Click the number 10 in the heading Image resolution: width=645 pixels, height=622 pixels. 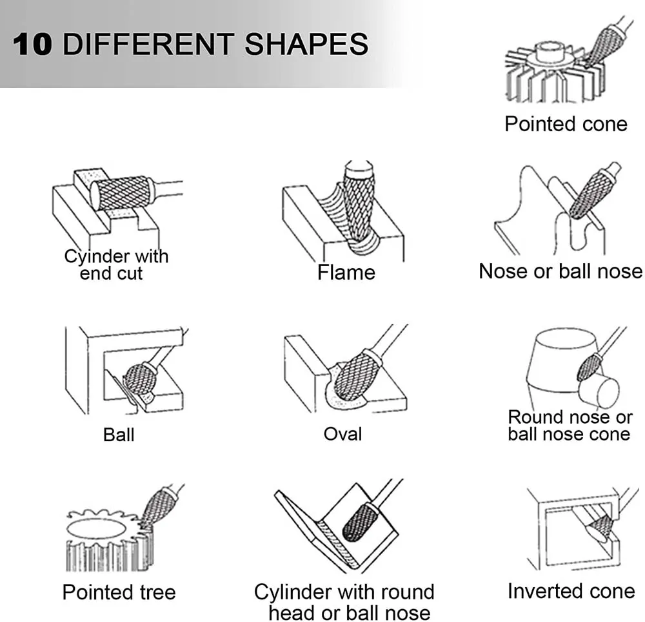[32, 44]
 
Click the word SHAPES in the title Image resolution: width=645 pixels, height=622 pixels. [306, 44]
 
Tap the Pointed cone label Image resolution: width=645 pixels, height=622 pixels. [566, 123]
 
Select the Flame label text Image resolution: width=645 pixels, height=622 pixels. [346, 273]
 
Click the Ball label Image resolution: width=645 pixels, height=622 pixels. [119, 435]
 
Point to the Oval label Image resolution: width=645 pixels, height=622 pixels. [342, 434]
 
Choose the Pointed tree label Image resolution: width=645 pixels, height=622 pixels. [119, 592]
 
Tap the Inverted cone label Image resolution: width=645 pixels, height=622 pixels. [571, 591]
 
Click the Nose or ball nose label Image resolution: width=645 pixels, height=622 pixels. [561, 271]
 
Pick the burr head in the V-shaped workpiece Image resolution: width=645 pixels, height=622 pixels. [361, 522]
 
